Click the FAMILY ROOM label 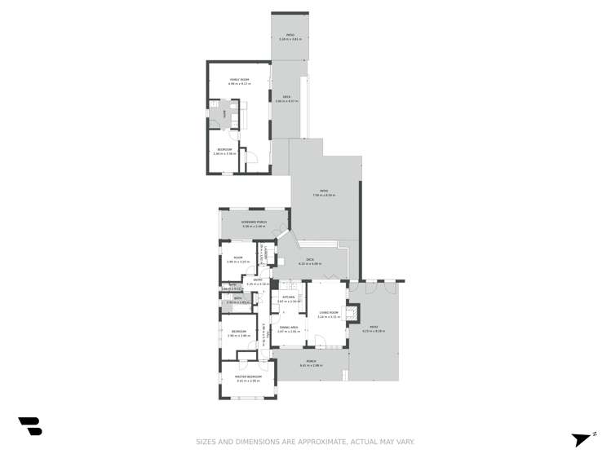pyautogui.click(x=239, y=80)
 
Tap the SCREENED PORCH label pyautogui.click(x=254, y=222)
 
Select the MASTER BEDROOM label pyautogui.click(x=248, y=377)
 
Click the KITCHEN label pyautogui.click(x=289, y=297)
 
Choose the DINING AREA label pyautogui.click(x=289, y=328)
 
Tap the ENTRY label pyautogui.click(x=257, y=280)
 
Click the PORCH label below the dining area pyautogui.click(x=311, y=362)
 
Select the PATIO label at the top pyautogui.click(x=289, y=36)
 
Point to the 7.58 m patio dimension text pyautogui.click(x=324, y=196)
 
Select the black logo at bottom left pyautogui.click(x=30, y=425)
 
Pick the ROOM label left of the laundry pyautogui.click(x=238, y=258)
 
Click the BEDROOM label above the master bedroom pyautogui.click(x=238, y=332)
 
